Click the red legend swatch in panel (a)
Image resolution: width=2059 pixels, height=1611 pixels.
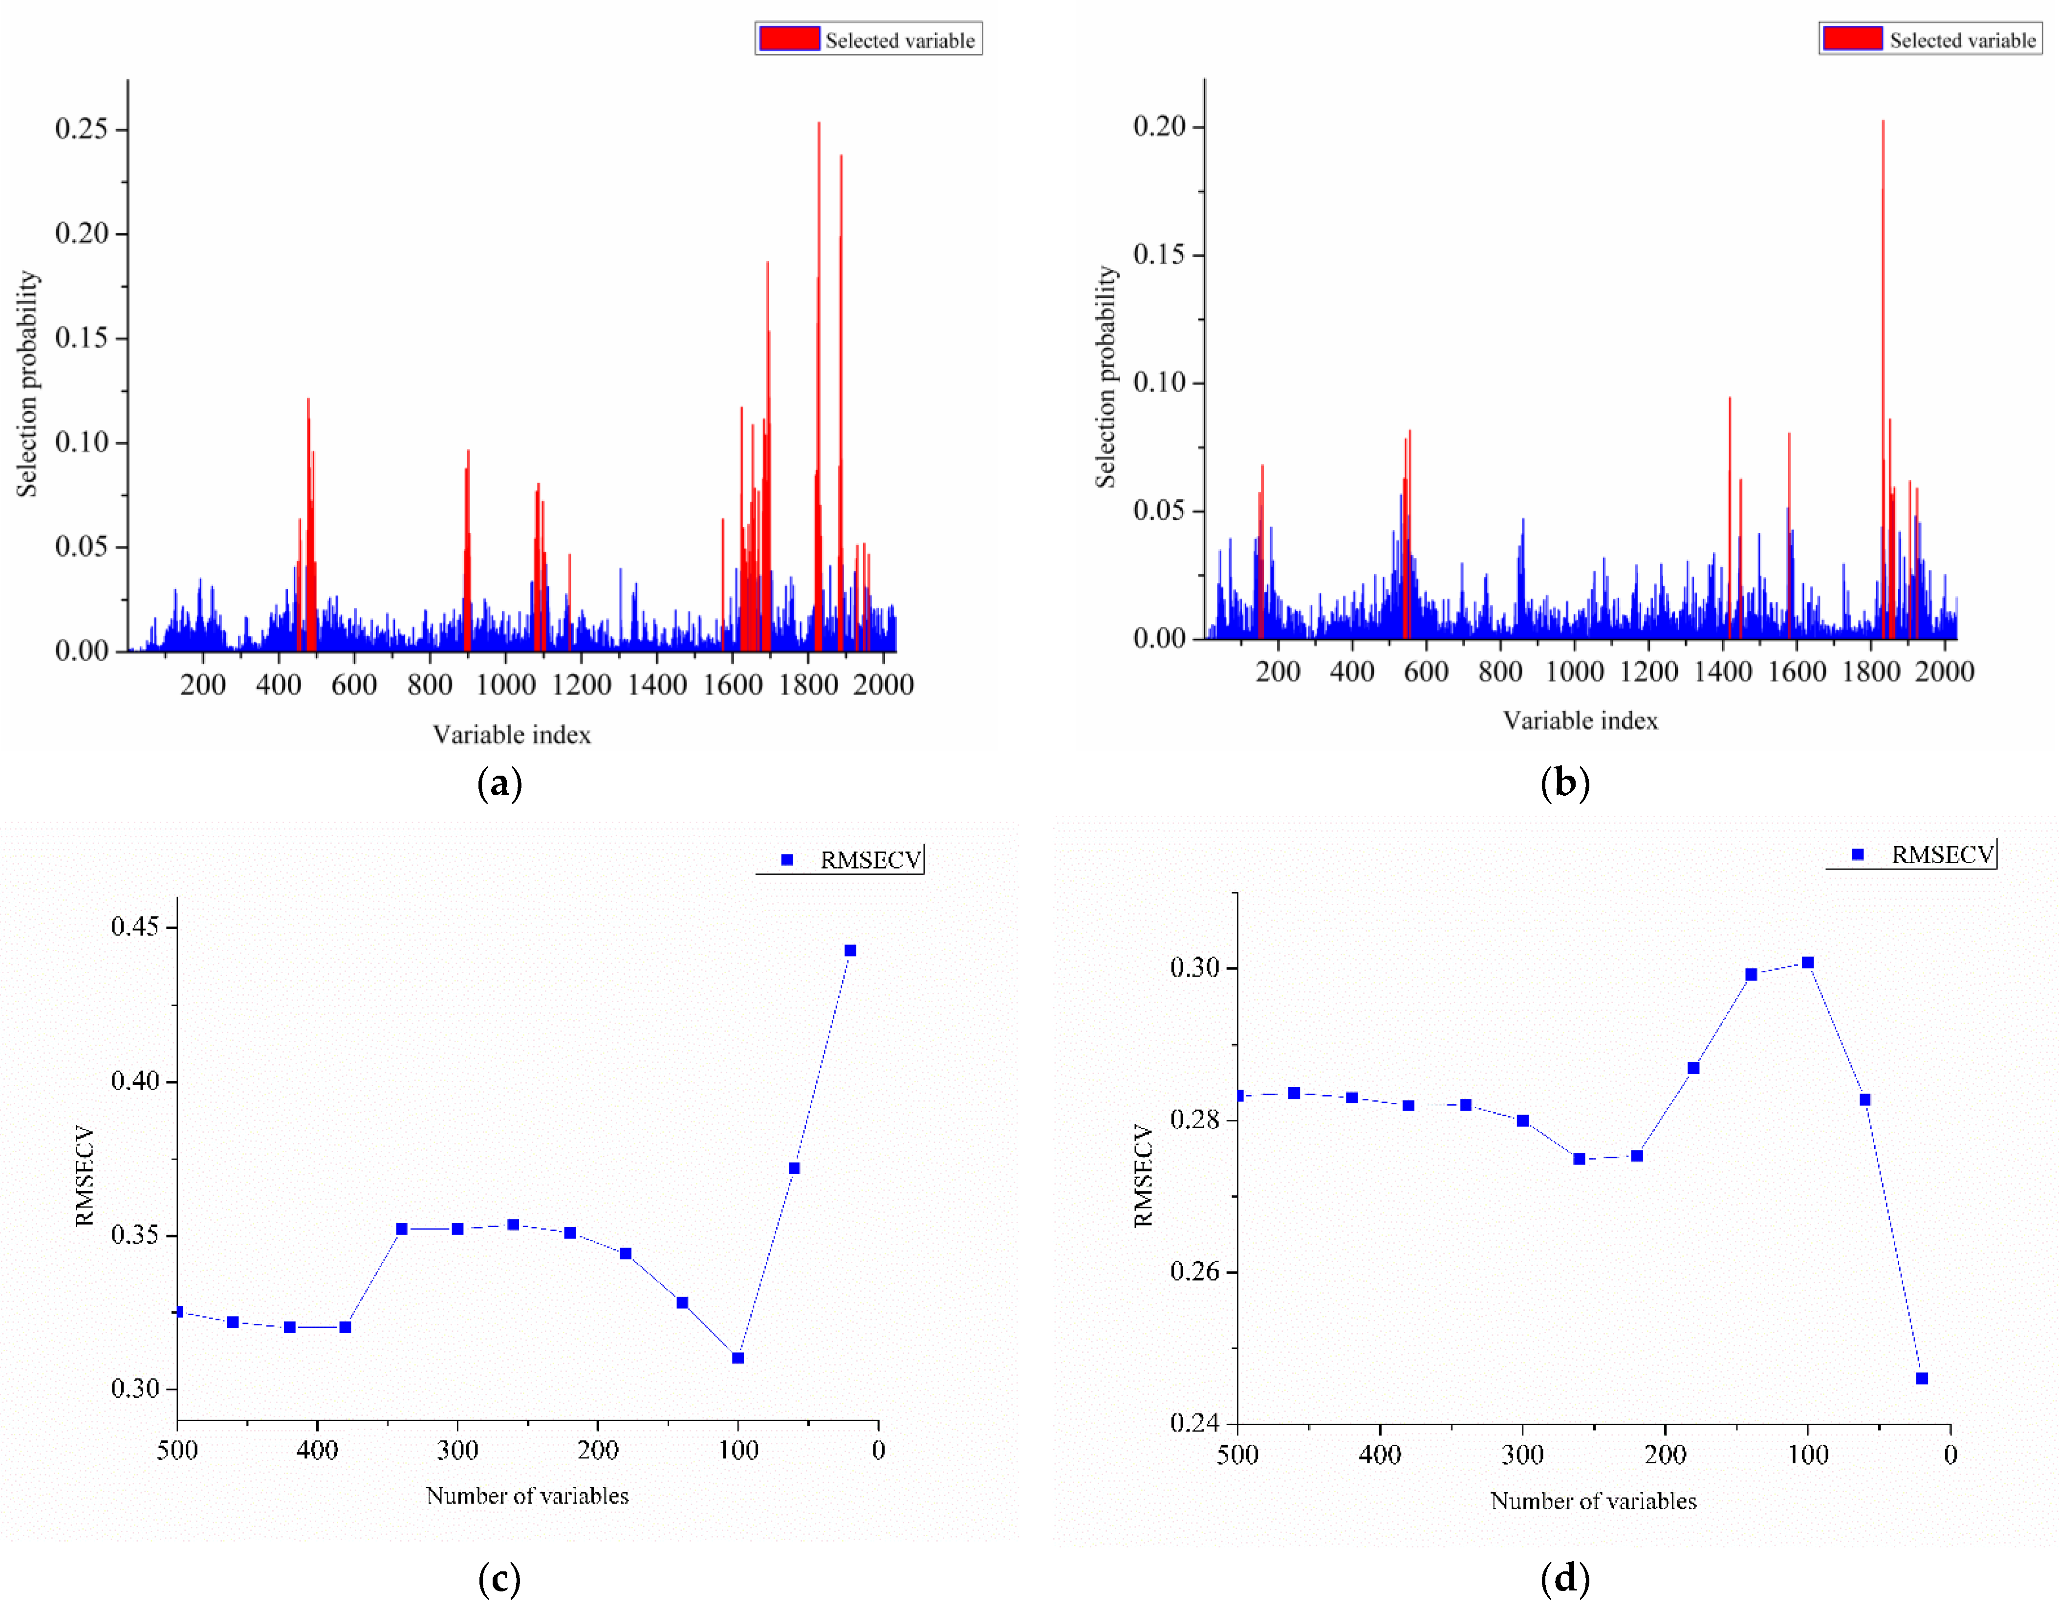789,39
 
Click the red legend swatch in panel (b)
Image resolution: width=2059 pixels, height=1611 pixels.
1853,39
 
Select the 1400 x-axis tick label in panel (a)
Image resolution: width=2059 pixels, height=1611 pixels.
657,685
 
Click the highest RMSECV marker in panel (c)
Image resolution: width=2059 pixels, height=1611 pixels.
850,951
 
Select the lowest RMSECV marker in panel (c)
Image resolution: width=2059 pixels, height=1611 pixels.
738,1358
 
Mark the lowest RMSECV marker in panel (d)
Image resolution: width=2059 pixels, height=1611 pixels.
1922,1379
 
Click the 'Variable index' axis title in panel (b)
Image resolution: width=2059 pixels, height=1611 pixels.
1580,720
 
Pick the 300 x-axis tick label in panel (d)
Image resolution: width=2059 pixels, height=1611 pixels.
1522,1454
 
